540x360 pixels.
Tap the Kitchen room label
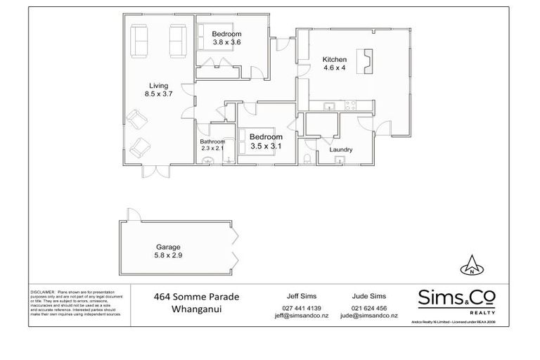(335, 59)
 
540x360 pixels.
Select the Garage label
(169, 247)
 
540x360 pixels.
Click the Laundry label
(340, 150)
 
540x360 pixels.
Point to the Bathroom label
(212, 141)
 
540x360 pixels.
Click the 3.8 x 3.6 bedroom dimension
(227, 43)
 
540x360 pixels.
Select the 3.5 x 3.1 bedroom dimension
(266, 146)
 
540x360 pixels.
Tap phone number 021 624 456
(368, 308)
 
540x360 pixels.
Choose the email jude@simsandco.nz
(369, 316)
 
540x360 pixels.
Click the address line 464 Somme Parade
(196, 297)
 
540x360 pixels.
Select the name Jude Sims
(368, 297)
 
